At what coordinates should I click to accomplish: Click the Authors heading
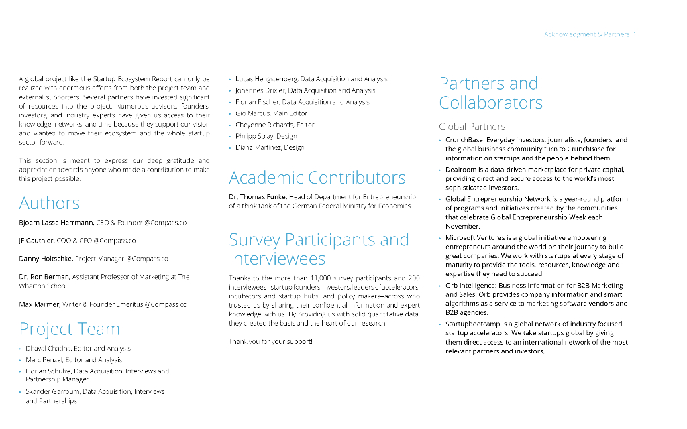click(50, 203)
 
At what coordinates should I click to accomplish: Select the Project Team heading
click(70, 329)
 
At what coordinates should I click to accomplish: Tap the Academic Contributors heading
click(317, 178)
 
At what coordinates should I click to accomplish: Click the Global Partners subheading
click(472, 126)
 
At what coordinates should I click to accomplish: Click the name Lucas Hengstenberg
click(266, 79)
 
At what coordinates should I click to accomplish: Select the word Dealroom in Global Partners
click(461, 170)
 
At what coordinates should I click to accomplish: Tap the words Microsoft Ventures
click(474, 237)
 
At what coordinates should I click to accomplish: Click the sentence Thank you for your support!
click(270, 342)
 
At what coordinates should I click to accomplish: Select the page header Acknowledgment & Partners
click(586, 34)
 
